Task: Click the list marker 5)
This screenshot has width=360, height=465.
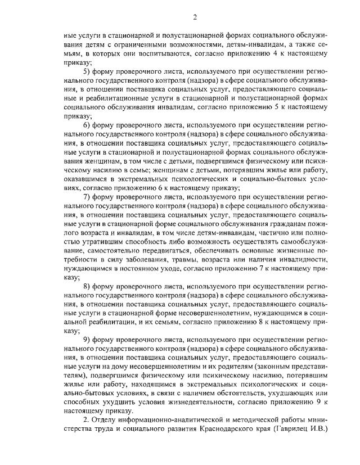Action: tap(87, 71)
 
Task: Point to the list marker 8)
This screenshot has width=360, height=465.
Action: tap(87, 286)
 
